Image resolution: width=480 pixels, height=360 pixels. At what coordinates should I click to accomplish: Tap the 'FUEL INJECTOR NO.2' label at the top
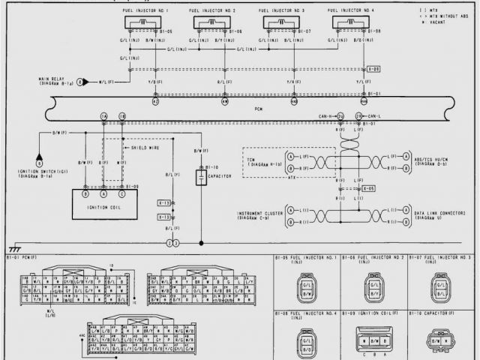tap(212, 10)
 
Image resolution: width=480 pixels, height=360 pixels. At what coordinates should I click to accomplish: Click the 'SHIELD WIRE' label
tap(144, 148)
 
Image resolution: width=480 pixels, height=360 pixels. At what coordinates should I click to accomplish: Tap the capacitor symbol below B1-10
tap(201, 178)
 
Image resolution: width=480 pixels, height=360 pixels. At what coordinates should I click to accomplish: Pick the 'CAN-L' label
tap(372, 116)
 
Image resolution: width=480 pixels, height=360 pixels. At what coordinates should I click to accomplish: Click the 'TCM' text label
tap(251, 159)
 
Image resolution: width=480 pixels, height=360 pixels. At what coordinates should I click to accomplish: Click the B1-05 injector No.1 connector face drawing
tap(306, 286)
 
